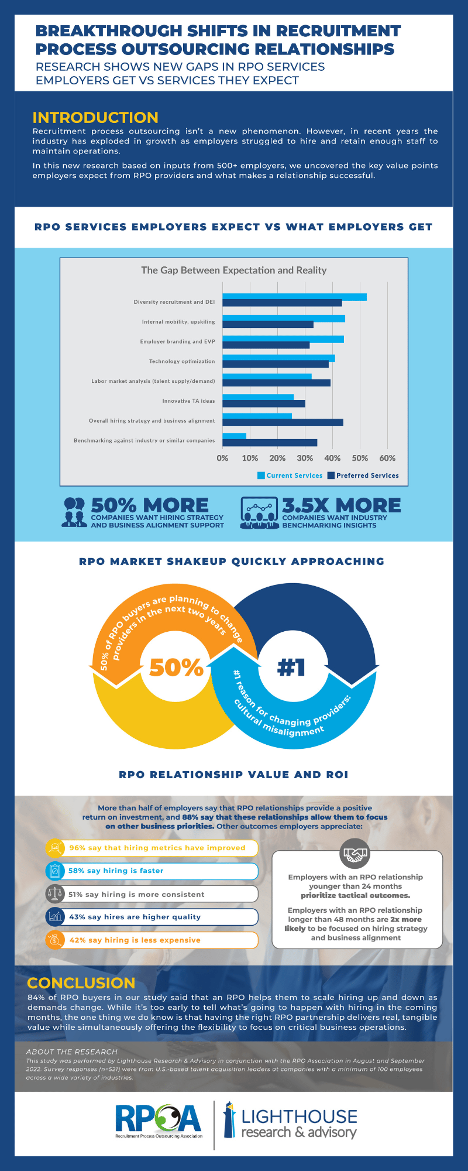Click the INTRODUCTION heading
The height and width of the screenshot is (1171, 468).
coord(95,118)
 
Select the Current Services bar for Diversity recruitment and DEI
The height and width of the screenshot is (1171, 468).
coord(294,297)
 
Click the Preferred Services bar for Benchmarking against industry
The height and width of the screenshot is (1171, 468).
coord(270,443)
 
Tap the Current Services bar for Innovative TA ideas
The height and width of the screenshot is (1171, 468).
coord(258,397)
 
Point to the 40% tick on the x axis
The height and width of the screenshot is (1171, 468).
coord(332,458)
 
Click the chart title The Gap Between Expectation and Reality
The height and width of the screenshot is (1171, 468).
coord(233,271)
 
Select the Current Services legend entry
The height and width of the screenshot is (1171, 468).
coord(290,475)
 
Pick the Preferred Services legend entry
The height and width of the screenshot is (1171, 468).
coord(363,475)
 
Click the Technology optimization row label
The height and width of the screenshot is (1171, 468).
coord(181,361)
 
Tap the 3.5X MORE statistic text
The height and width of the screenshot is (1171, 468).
coord(341,505)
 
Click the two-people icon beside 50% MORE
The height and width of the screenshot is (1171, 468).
coord(74,512)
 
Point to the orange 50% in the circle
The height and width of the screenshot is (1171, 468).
coord(176,667)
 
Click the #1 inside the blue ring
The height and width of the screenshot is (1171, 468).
coord(291,667)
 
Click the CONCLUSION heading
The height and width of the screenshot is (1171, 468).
coord(81,983)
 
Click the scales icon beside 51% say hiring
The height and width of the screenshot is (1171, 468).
coord(54,894)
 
